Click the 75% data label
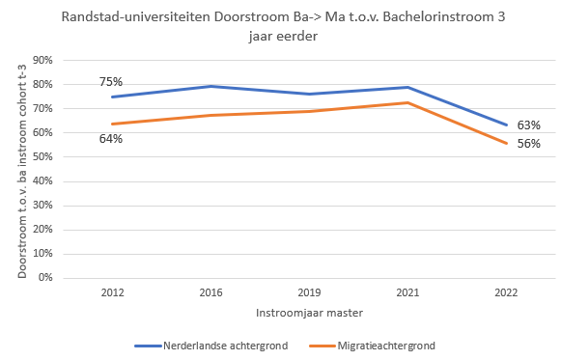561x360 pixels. (111, 82)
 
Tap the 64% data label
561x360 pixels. (111, 139)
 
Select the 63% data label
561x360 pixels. (529, 125)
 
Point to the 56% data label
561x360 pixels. (529, 144)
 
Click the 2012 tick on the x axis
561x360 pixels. (112, 292)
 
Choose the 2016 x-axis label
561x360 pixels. (210, 292)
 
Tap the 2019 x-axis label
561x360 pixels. (309, 292)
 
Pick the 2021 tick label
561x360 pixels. (407, 292)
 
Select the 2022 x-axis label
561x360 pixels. (506, 292)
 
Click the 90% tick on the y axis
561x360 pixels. (42, 60)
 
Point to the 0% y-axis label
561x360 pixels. (45, 277)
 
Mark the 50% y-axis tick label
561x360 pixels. (42, 156)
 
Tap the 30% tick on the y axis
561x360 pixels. (42, 205)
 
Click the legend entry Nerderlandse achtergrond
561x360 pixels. (211, 346)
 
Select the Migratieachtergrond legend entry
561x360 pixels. (372, 346)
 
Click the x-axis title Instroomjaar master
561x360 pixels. (310, 313)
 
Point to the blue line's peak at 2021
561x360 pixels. (407, 87)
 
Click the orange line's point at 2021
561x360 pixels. (407, 103)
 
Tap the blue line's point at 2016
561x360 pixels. (210, 86)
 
